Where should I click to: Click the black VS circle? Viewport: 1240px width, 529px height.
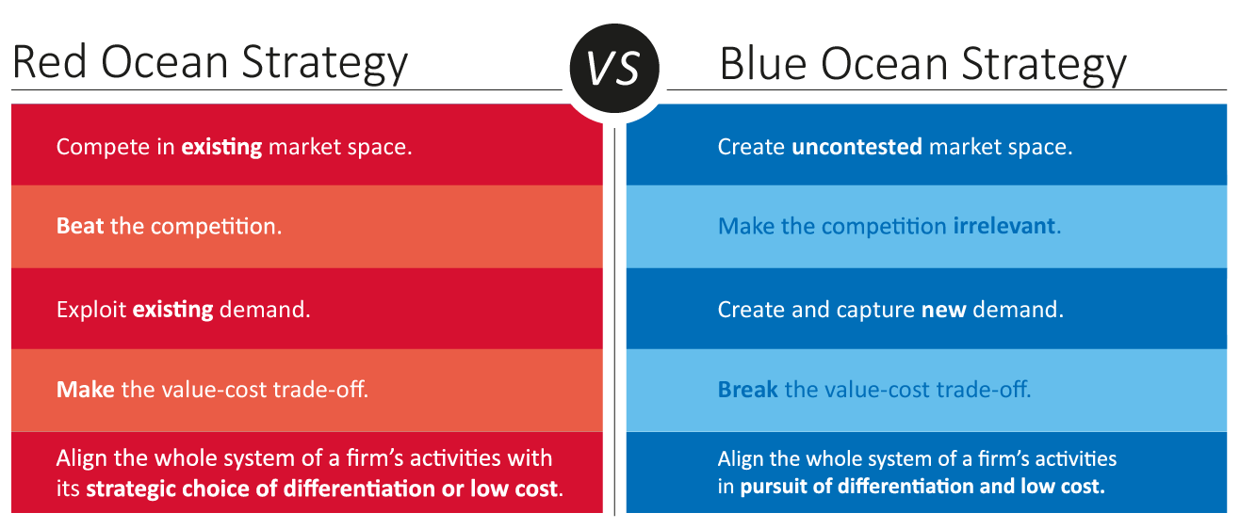(614, 68)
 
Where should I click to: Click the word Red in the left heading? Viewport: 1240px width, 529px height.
(50, 62)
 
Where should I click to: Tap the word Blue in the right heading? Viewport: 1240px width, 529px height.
(763, 64)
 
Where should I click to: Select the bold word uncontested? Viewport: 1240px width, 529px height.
(857, 147)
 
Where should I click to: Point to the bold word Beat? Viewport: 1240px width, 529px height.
(80, 226)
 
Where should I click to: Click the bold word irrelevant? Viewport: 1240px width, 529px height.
(1004, 226)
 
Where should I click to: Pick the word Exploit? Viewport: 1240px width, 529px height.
(91, 310)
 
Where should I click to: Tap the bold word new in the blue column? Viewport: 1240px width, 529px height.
(944, 310)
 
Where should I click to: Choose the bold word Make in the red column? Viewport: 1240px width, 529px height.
(85, 390)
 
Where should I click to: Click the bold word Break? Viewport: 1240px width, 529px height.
(748, 390)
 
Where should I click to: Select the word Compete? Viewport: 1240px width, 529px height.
(103, 148)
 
